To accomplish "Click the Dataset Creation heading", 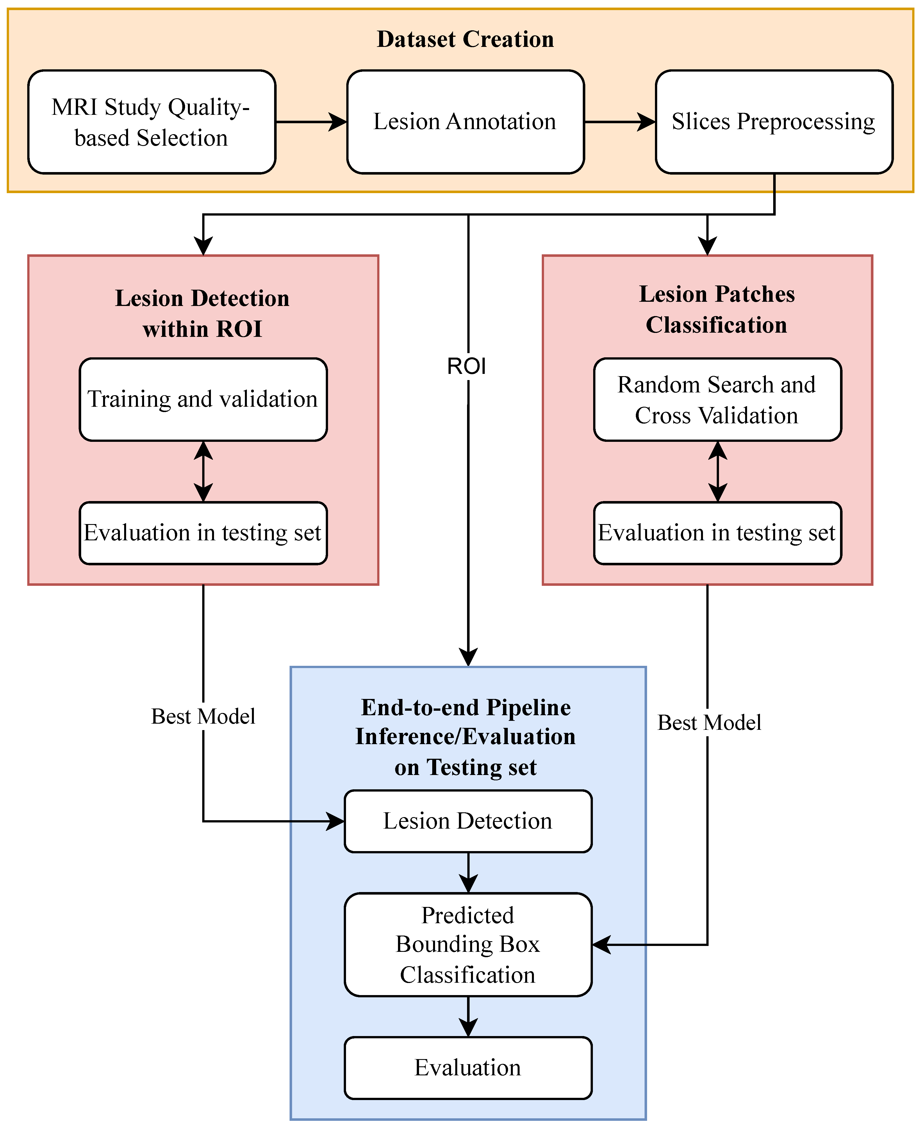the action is click(x=465, y=39).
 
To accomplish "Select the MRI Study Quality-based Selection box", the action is click(x=152, y=122).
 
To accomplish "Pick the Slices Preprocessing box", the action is click(x=774, y=122).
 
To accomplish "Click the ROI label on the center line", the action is click(x=467, y=366).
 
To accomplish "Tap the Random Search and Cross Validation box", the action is click(x=718, y=399).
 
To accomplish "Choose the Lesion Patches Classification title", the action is click(x=717, y=310).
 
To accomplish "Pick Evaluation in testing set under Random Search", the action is click(x=718, y=533).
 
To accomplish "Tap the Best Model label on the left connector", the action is click(x=203, y=716).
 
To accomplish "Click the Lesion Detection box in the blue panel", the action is click(x=468, y=821).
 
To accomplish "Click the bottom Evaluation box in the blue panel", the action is click(x=468, y=1068).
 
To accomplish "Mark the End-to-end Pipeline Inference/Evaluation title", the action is click(x=466, y=737).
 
